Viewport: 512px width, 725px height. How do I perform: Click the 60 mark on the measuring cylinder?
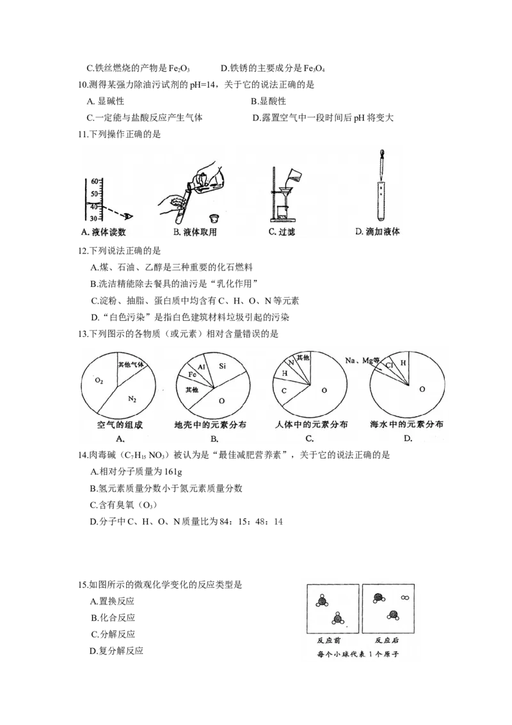coord(93,181)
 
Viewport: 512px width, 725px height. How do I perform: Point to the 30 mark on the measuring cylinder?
coord(93,218)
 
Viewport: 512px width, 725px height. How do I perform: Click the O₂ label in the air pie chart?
coord(99,380)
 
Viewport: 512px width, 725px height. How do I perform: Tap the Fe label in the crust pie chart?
coord(191,373)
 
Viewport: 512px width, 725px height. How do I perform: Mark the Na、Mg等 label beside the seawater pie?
coord(359,361)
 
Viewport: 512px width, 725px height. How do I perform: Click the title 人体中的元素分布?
coord(310,425)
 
